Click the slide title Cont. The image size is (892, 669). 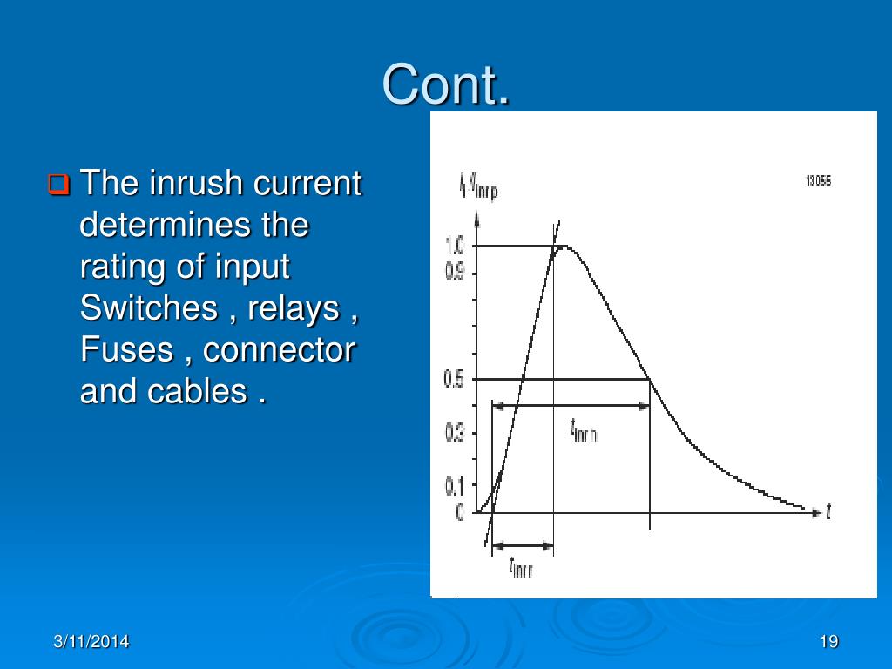point(446,85)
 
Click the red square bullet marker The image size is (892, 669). point(58,185)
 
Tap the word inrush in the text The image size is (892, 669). point(195,184)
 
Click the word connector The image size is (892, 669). point(280,349)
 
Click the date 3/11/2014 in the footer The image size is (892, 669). point(91,642)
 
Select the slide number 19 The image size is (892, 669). point(828,642)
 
